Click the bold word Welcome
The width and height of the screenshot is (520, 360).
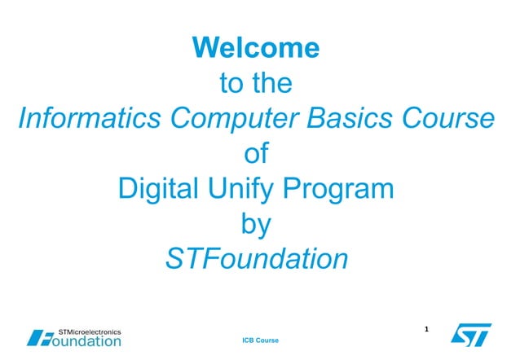256,48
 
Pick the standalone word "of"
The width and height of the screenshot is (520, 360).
256,154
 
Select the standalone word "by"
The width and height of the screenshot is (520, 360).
256,225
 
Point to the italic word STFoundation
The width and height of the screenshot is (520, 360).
256,260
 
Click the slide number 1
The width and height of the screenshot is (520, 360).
427,330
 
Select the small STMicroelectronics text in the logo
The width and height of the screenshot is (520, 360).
90,331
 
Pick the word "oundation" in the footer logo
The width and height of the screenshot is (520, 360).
86,341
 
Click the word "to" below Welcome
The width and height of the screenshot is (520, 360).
233,83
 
